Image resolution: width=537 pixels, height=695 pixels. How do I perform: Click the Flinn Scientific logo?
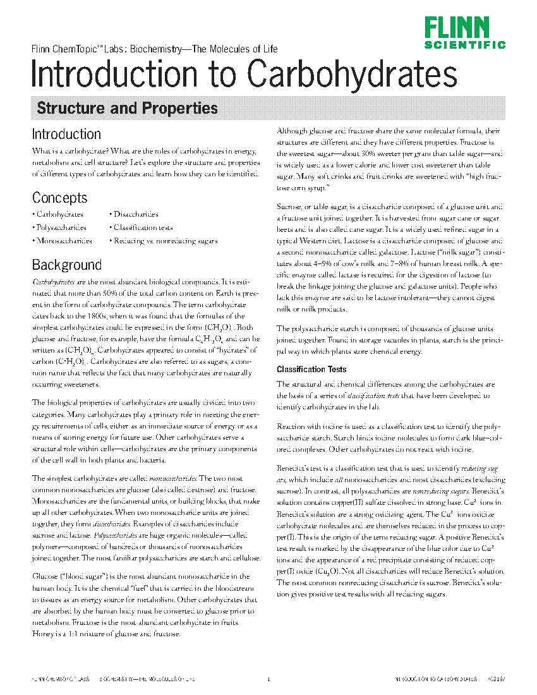coord(464,33)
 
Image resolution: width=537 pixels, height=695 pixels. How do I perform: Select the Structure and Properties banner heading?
coord(127,108)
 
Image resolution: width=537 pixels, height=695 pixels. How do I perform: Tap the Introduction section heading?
coord(66,134)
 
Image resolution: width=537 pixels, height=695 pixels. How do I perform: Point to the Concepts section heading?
coord(60,198)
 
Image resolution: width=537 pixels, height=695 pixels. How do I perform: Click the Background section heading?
coord(67,264)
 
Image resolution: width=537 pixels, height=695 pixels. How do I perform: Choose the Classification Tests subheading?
coord(311,369)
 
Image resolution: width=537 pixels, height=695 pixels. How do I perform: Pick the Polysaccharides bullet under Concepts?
coord(61,227)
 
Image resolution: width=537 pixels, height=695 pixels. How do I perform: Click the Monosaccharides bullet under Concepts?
coord(63,241)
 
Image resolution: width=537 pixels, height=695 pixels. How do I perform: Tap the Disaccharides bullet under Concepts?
coord(135,215)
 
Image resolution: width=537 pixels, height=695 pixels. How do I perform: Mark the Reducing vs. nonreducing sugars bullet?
coord(165,241)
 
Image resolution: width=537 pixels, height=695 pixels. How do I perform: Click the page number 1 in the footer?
coord(268,680)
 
